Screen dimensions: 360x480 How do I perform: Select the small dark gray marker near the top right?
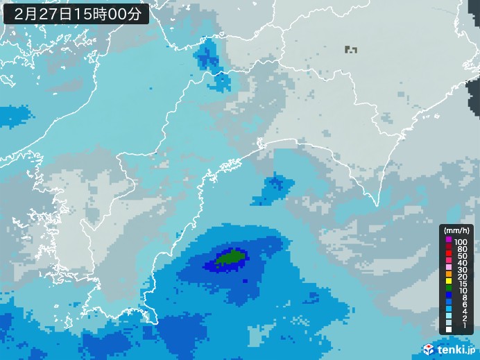(x=350, y=49)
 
